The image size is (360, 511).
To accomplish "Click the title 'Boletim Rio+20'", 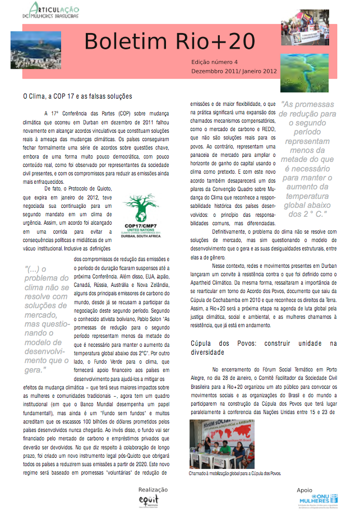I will pos(169,41).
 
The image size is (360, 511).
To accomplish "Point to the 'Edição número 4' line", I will pos(215,62).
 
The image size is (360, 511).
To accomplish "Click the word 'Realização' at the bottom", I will pos(153,489).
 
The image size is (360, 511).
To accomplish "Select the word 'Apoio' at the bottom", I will pos(305,489).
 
